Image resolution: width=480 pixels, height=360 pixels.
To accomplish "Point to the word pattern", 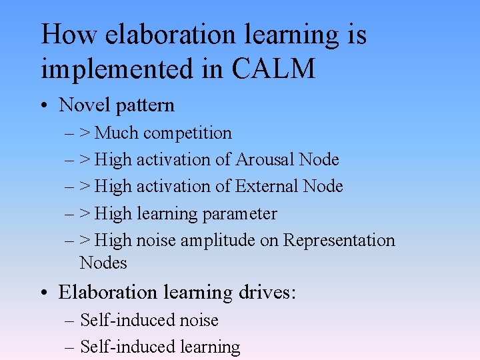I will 144,105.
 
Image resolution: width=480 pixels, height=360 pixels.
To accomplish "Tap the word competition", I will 187,133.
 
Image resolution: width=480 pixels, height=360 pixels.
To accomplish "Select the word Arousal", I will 265,160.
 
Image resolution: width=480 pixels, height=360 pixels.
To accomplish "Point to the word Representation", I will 339,240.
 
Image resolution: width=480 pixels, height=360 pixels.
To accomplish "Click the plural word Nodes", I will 103,263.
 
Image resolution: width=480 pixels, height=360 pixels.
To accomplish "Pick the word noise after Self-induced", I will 197,321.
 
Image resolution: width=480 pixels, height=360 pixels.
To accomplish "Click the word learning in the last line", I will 209,347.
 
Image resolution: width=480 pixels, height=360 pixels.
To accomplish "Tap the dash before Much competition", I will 70,133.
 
